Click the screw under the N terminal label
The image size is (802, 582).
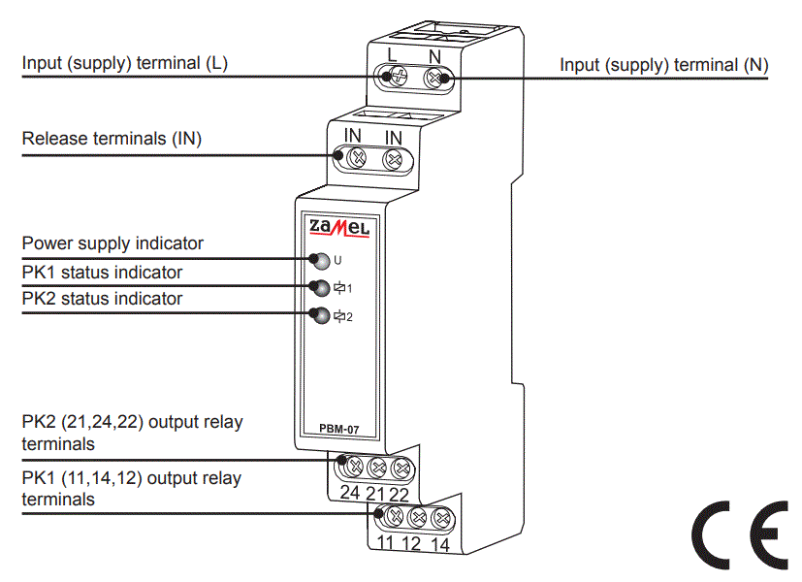pyautogui.click(x=435, y=77)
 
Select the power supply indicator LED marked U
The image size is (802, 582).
pyautogui.click(x=319, y=260)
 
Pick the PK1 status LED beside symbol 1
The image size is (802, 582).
pyautogui.click(x=319, y=287)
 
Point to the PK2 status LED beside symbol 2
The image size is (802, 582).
pyautogui.click(x=319, y=314)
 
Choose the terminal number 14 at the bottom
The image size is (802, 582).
pyautogui.click(x=440, y=543)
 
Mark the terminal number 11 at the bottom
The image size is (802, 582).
pyautogui.click(x=386, y=543)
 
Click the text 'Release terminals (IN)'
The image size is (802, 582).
pyautogui.click(x=112, y=139)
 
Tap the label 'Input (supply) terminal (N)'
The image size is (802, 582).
pyautogui.click(x=664, y=65)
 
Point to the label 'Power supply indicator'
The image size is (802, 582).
pyautogui.click(x=112, y=243)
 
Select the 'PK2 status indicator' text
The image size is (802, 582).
pyautogui.click(x=102, y=299)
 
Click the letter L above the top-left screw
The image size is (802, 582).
pyautogui.click(x=393, y=54)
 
